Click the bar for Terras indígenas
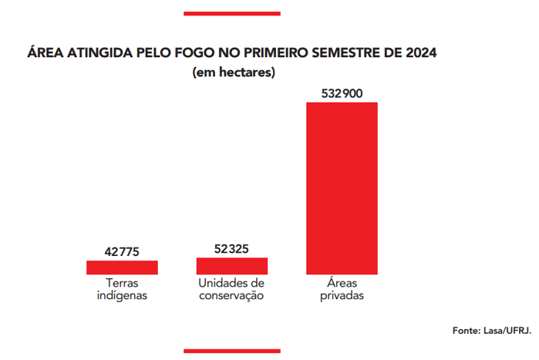pos(122,267)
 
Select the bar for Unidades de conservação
pos(232,265)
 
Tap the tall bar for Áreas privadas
pos(342,187)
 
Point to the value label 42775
pos(122,251)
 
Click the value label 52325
pos(232,248)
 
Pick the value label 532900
pos(342,93)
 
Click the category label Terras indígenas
pos(122,289)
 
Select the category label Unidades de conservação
pos(232,289)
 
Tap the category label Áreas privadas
pos(342,289)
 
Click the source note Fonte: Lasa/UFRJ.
pos(491,330)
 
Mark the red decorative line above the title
pos(231,13)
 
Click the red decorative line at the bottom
pos(231,352)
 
